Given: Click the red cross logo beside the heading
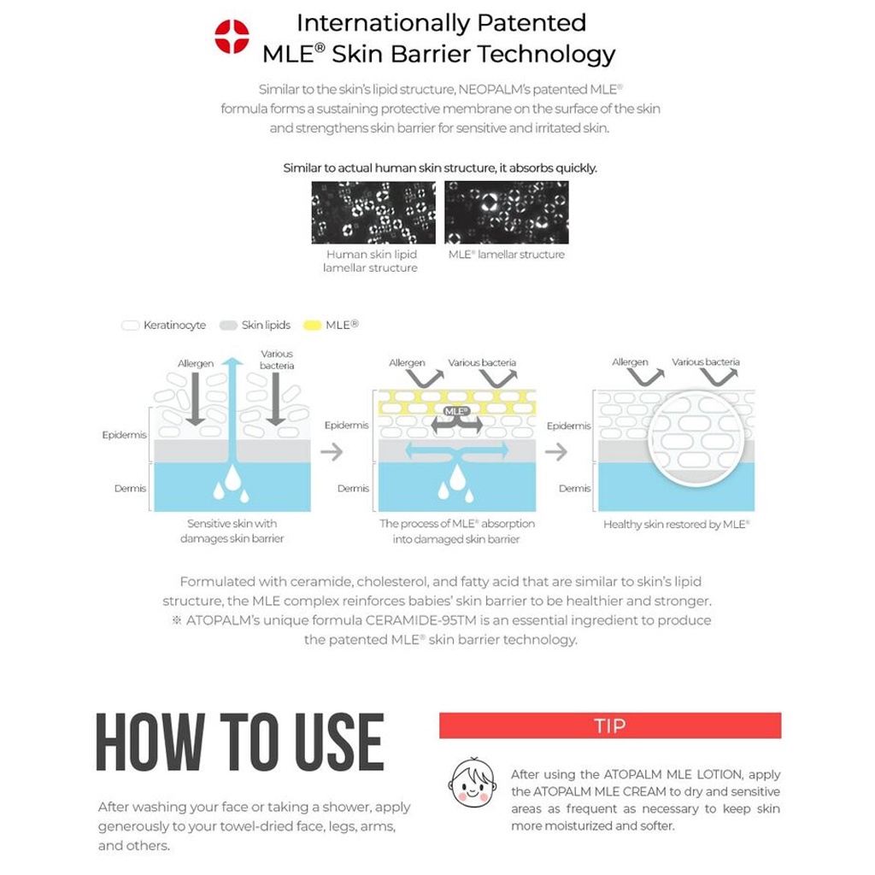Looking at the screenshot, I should (232, 37).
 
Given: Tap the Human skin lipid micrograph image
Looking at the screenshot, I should (373, 212).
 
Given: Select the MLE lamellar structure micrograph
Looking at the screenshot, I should (507, 212).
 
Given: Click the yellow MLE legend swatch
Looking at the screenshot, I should (313, 326).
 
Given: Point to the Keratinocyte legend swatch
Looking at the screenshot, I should (131, 326).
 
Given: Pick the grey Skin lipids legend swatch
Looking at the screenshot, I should (228, 326).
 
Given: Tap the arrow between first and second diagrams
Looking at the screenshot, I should (332, 451).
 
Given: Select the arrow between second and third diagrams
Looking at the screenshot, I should (556, 451).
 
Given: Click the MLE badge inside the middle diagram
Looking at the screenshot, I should (457, 412).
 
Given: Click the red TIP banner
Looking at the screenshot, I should (609, 725).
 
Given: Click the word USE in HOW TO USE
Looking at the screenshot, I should (338, 742).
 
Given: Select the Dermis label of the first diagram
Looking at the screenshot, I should (131, 489).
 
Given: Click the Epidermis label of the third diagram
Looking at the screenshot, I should (569, 426).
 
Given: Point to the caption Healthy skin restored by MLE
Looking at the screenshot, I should (676, 525).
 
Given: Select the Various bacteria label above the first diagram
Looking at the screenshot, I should (277, 360).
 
